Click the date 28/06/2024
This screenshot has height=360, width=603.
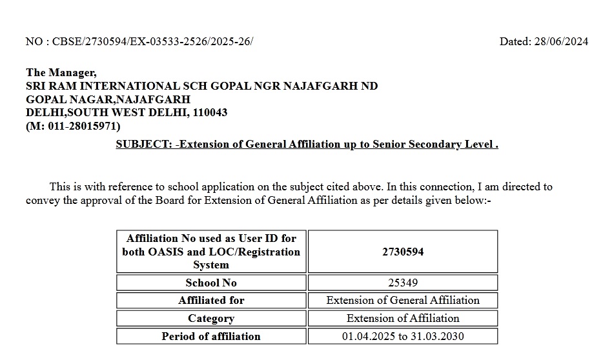(561, 42)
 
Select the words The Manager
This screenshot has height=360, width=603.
(61, 73)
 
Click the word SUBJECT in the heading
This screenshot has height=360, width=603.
(143, 145)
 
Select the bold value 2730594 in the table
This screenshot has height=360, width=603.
(403, 252)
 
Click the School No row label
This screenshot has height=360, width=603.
(211, 283)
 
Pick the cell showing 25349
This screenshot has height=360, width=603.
(403, 283)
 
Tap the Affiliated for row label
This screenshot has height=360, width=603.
(211, 300)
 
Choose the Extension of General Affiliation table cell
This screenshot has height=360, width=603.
(403, 300)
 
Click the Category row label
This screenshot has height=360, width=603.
(211, 318)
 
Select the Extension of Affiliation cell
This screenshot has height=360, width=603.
(403, 318)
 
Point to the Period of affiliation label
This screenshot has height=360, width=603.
(211, 336)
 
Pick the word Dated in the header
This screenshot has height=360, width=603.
(515, 42)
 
